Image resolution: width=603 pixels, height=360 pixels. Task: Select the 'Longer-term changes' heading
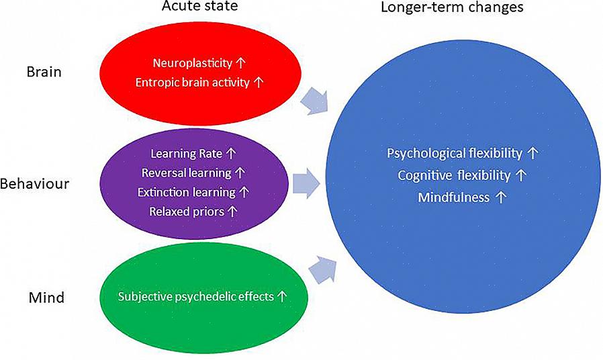(452, 8)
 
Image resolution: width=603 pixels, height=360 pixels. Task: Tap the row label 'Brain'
(44, 71)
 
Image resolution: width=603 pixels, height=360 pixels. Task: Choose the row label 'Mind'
(46, 296)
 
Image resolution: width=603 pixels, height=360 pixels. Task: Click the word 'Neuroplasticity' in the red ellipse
(192, 63)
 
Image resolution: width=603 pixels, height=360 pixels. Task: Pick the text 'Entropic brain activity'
(192, 83)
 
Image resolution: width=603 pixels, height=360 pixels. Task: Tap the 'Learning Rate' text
(186, 154)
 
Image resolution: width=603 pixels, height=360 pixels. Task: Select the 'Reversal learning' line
(186, 173)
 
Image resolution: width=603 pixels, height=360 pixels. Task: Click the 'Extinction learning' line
(186, 192)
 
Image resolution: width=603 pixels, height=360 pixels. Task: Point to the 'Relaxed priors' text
(187, 212)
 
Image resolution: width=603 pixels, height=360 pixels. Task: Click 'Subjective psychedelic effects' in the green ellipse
(195, 296)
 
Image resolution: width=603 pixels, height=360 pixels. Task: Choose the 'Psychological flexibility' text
(455, 153)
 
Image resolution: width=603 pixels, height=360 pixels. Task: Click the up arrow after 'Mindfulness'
(500, 197)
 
